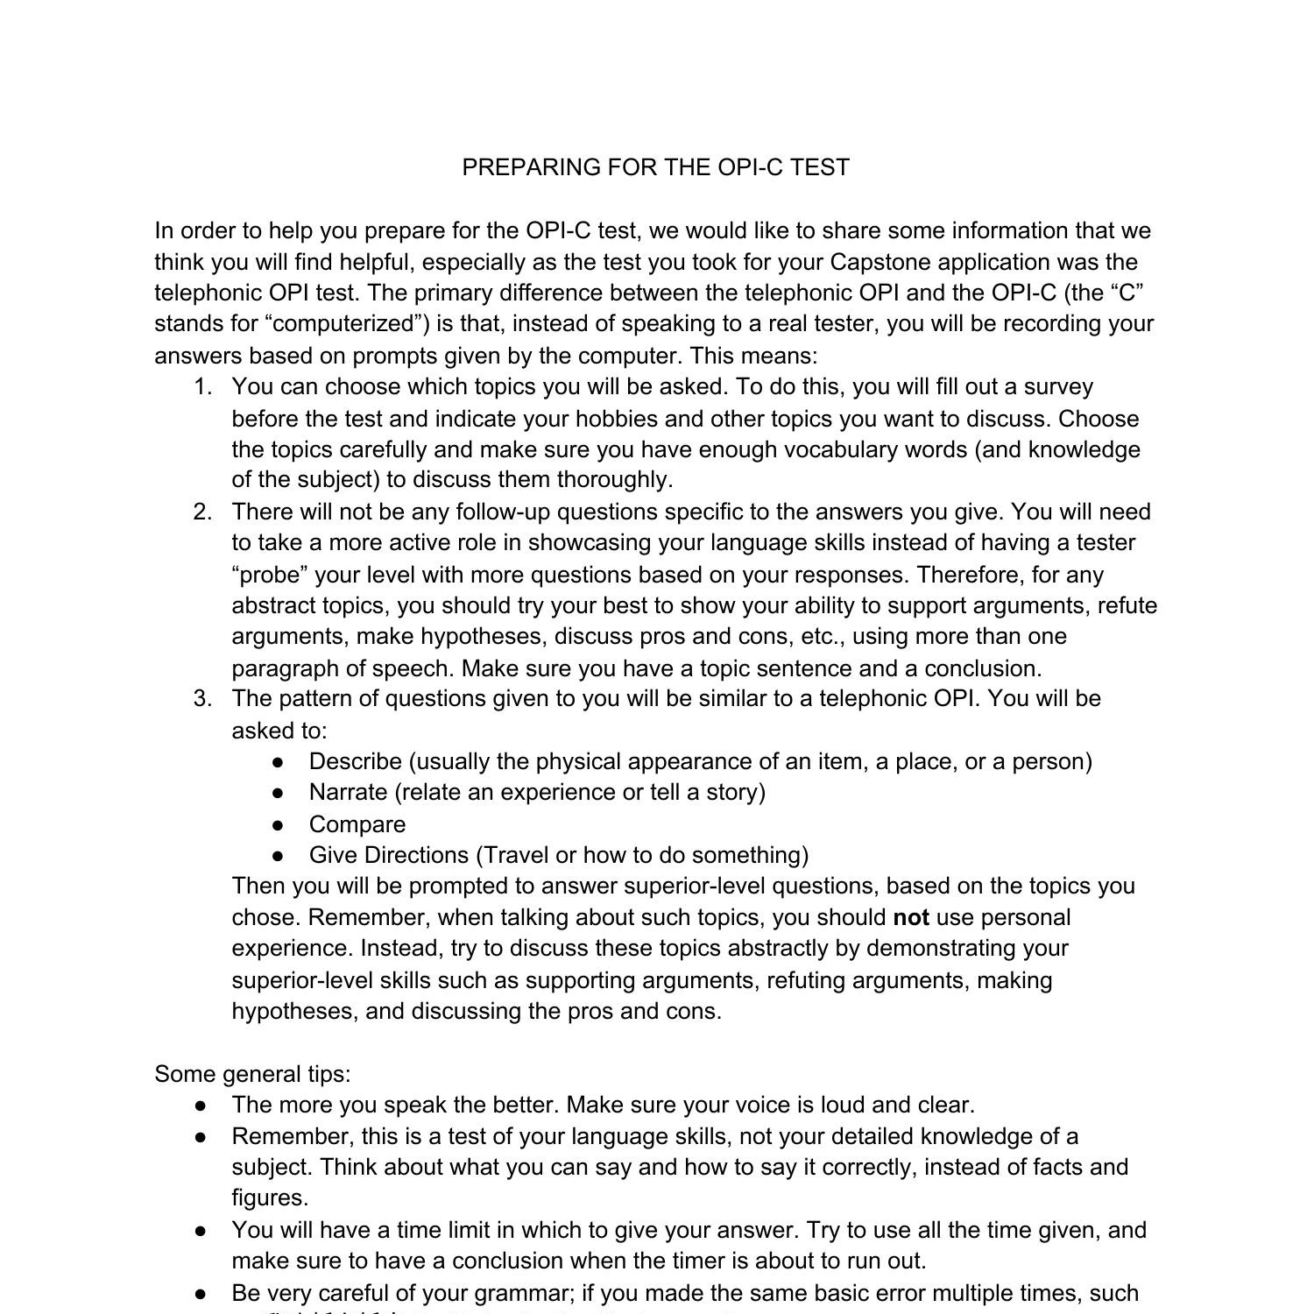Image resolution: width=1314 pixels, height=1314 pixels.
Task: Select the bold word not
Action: (911, 917)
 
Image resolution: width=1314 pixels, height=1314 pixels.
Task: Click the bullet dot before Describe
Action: (279, 762)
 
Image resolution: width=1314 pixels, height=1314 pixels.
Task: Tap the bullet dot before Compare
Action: (279, 825)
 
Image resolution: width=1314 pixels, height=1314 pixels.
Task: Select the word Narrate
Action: (349, 793)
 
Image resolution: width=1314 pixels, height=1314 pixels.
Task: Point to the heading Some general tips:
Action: (252, 1074)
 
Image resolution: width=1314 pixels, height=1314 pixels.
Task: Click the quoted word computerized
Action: (340, 324)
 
